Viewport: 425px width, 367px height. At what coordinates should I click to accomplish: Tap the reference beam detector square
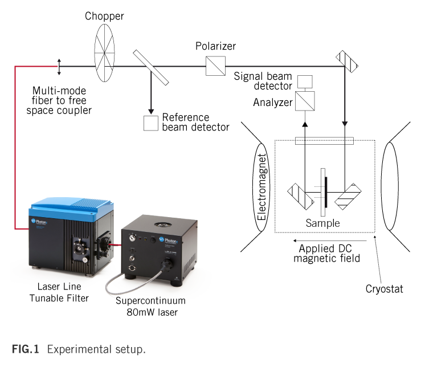151,124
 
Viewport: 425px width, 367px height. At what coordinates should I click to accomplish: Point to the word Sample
322,223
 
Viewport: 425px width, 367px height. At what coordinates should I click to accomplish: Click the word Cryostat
384,289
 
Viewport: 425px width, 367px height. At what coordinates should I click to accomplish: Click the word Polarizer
215,46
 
